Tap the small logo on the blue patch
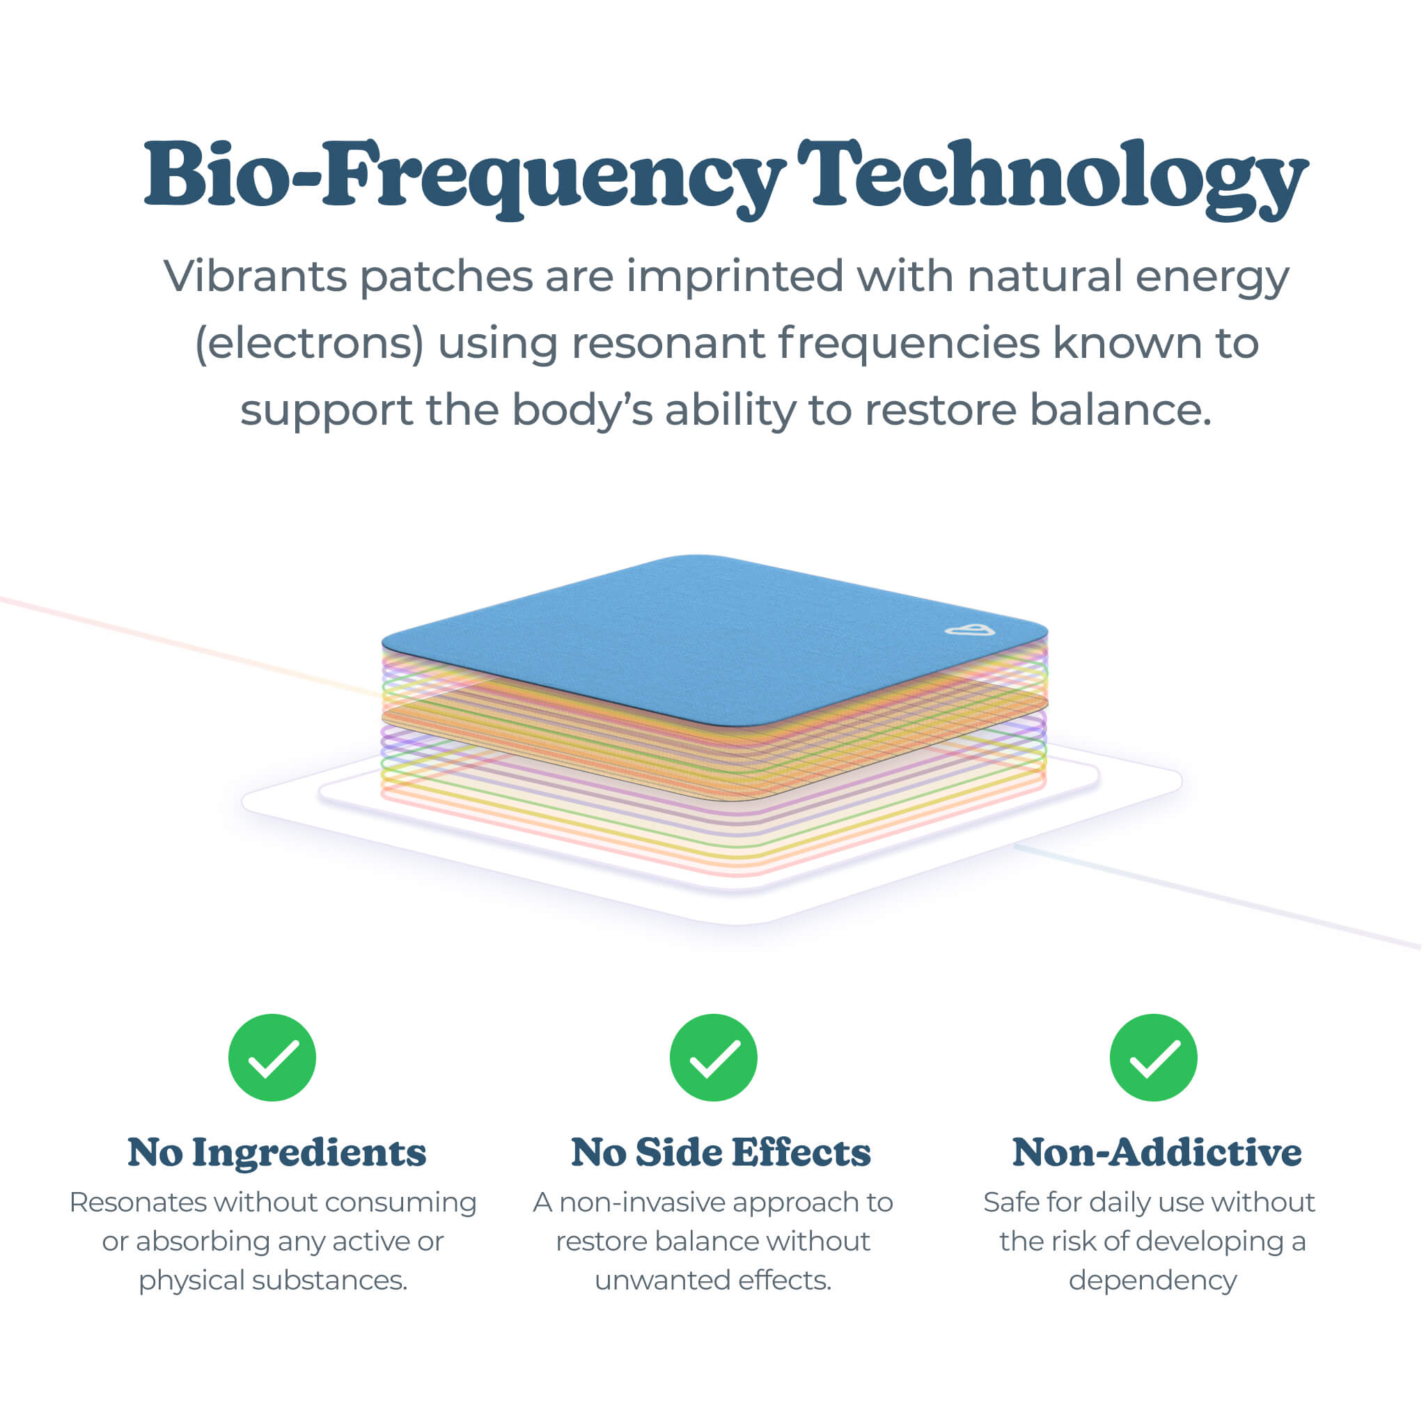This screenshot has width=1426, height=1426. tap(970, 629)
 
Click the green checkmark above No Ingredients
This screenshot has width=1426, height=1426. tap(272, 1058)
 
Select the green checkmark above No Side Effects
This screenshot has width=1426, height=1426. tap(713, 1058)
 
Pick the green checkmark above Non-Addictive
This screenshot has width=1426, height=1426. tap(1154, 1058)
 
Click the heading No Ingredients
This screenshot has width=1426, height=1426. tap(277, 1153)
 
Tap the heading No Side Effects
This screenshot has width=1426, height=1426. tap(721, 1153)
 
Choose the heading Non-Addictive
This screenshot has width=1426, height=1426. tap(1157, 1153)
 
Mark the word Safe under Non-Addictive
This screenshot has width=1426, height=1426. tap(1010, 1202)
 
